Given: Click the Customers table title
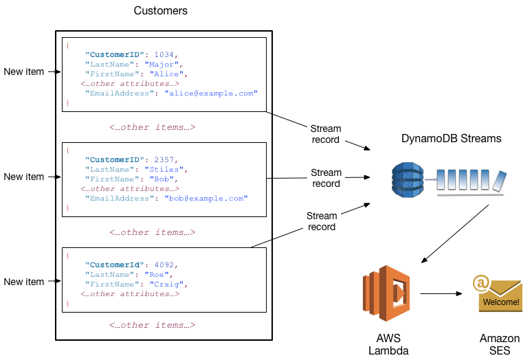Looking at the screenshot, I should point(160,11).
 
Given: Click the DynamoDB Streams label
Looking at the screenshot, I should point(451,139).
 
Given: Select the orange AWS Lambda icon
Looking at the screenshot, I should point(386,294).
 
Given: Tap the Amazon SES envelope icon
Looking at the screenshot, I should point(496,296).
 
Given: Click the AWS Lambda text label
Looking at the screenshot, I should point(388,344).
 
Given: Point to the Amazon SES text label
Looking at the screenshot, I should point(500,344).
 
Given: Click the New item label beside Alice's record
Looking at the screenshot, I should point(23,71).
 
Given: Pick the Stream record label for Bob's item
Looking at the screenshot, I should point(325,178).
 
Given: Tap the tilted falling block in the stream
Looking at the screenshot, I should point(499,181).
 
